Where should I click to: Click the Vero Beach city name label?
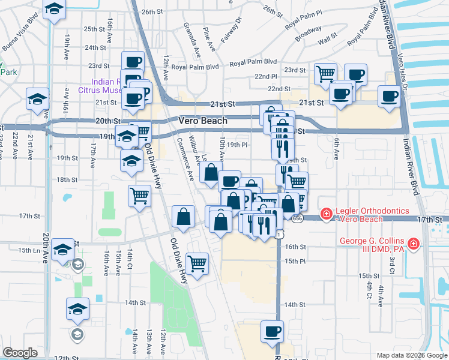pyautogui.click(x=203, y=121)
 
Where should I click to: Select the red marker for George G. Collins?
pyautogui.click(x=413, y=244)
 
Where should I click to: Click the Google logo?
pyautogui.click(x=20, y=353)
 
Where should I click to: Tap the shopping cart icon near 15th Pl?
pyautogui.click(x=197, y=262)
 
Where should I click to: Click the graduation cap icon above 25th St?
pyautogui.click(x=54, y=9)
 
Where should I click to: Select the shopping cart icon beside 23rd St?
pyautogui.click(x=325, y=73)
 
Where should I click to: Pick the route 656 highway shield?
pyautogui.click(x=298, y=220)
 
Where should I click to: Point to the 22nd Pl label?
pyautogui.click(x=265, y=77)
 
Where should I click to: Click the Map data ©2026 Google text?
pyautogui.click(x=411, y=355)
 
